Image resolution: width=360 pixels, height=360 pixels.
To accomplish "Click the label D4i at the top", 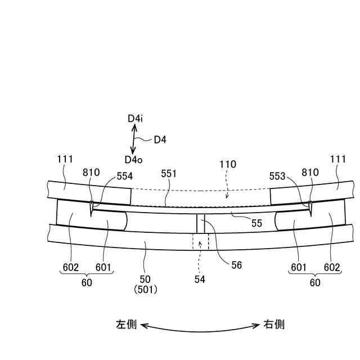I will tap(135, 119).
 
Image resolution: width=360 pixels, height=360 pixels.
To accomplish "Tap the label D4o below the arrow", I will tap(134, 160).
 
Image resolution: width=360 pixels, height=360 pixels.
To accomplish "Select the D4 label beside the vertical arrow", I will tap(160, 139).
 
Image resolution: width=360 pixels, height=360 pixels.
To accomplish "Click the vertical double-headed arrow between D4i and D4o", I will tap(134, 139).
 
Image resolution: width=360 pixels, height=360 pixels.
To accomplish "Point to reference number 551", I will tap(168, 174).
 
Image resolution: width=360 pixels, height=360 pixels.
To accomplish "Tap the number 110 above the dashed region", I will tap(228, 165).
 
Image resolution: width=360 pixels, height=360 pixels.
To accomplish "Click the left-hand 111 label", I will tap(65, 160).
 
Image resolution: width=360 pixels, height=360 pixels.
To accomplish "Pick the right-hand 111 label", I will tap(339, 160).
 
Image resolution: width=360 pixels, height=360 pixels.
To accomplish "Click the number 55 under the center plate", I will tap(257, 223).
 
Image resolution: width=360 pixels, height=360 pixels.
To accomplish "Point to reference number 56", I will tap(236, 264).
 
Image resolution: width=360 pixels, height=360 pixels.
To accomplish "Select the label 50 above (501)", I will tap(145, 280).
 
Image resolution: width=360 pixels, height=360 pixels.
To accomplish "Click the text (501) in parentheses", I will tap(145, 290).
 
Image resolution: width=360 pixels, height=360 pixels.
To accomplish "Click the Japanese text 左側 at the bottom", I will tap(126, 325).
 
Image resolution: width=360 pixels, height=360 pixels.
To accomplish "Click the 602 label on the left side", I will tap(70, 267).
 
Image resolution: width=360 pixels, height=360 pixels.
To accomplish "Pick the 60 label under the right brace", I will tap(315, 283).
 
